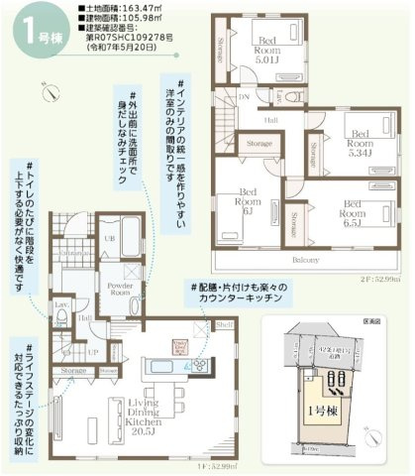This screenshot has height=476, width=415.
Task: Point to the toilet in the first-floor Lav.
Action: (60, 318)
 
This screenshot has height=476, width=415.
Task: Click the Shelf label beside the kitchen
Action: (224, 324)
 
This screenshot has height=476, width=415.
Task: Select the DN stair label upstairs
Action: (244, 97)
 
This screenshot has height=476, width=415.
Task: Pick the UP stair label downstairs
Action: (93, 351)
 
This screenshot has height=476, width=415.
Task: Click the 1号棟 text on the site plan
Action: (322, 409)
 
